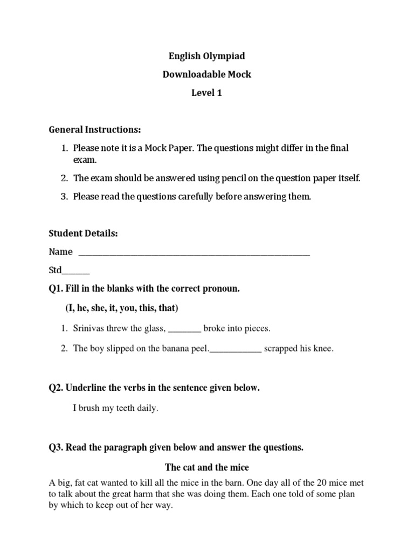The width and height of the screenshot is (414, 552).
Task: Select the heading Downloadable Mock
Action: [x=207, y=74]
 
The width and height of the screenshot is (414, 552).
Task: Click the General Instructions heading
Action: [x=94, y=129]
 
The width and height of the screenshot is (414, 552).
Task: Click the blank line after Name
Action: [x=194, y=252]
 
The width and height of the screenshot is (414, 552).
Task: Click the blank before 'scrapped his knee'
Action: [x=235, y=348]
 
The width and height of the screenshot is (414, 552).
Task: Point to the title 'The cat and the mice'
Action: [x=206, y=467]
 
